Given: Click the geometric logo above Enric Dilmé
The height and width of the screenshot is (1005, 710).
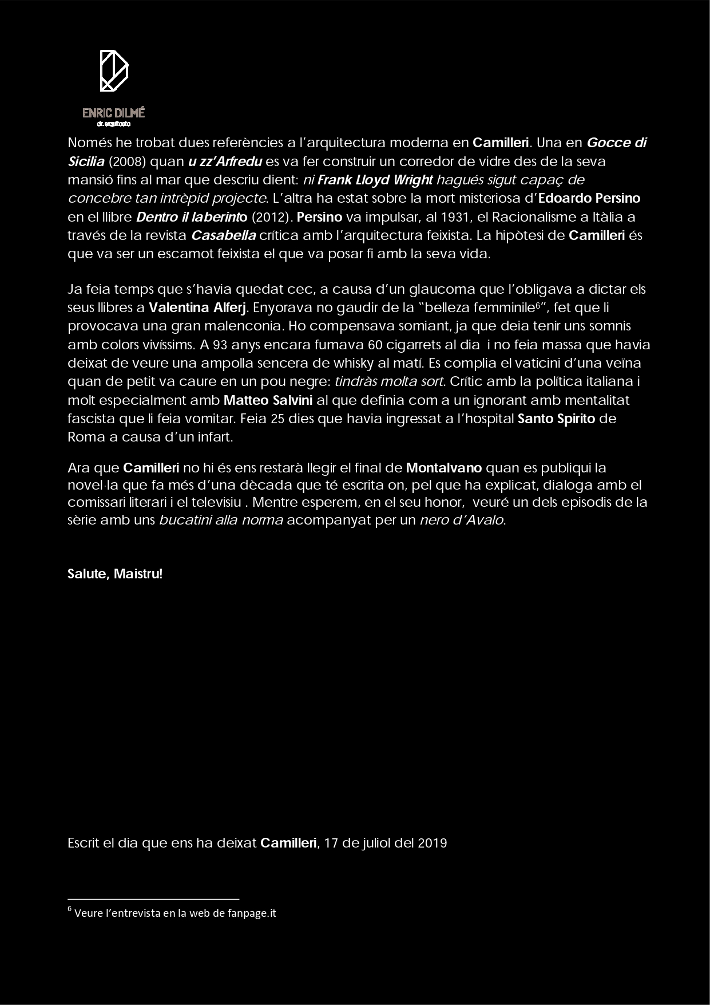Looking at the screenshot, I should (x=114, y=70).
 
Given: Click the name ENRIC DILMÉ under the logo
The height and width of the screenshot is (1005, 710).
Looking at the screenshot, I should (x=113, y=113).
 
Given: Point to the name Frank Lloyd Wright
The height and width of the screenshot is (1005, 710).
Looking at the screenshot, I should (x=375, y=180).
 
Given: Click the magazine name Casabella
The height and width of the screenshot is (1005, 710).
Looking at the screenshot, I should (x=223, y=235).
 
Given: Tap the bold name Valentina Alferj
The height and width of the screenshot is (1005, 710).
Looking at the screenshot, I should (x=197, y=308).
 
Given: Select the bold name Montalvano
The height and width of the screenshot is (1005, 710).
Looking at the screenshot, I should (x=444, y=468).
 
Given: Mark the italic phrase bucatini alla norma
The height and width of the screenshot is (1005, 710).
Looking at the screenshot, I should (x=221, y=521).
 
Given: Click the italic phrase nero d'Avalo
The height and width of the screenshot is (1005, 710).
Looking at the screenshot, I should (x=462, y=521).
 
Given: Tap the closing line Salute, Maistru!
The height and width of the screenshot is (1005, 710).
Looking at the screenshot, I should (x=115, y=573).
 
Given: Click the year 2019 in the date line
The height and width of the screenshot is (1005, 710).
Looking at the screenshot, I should (x=433, y=843).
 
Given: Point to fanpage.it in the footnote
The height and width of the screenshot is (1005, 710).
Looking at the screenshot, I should (x=252, y=913).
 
